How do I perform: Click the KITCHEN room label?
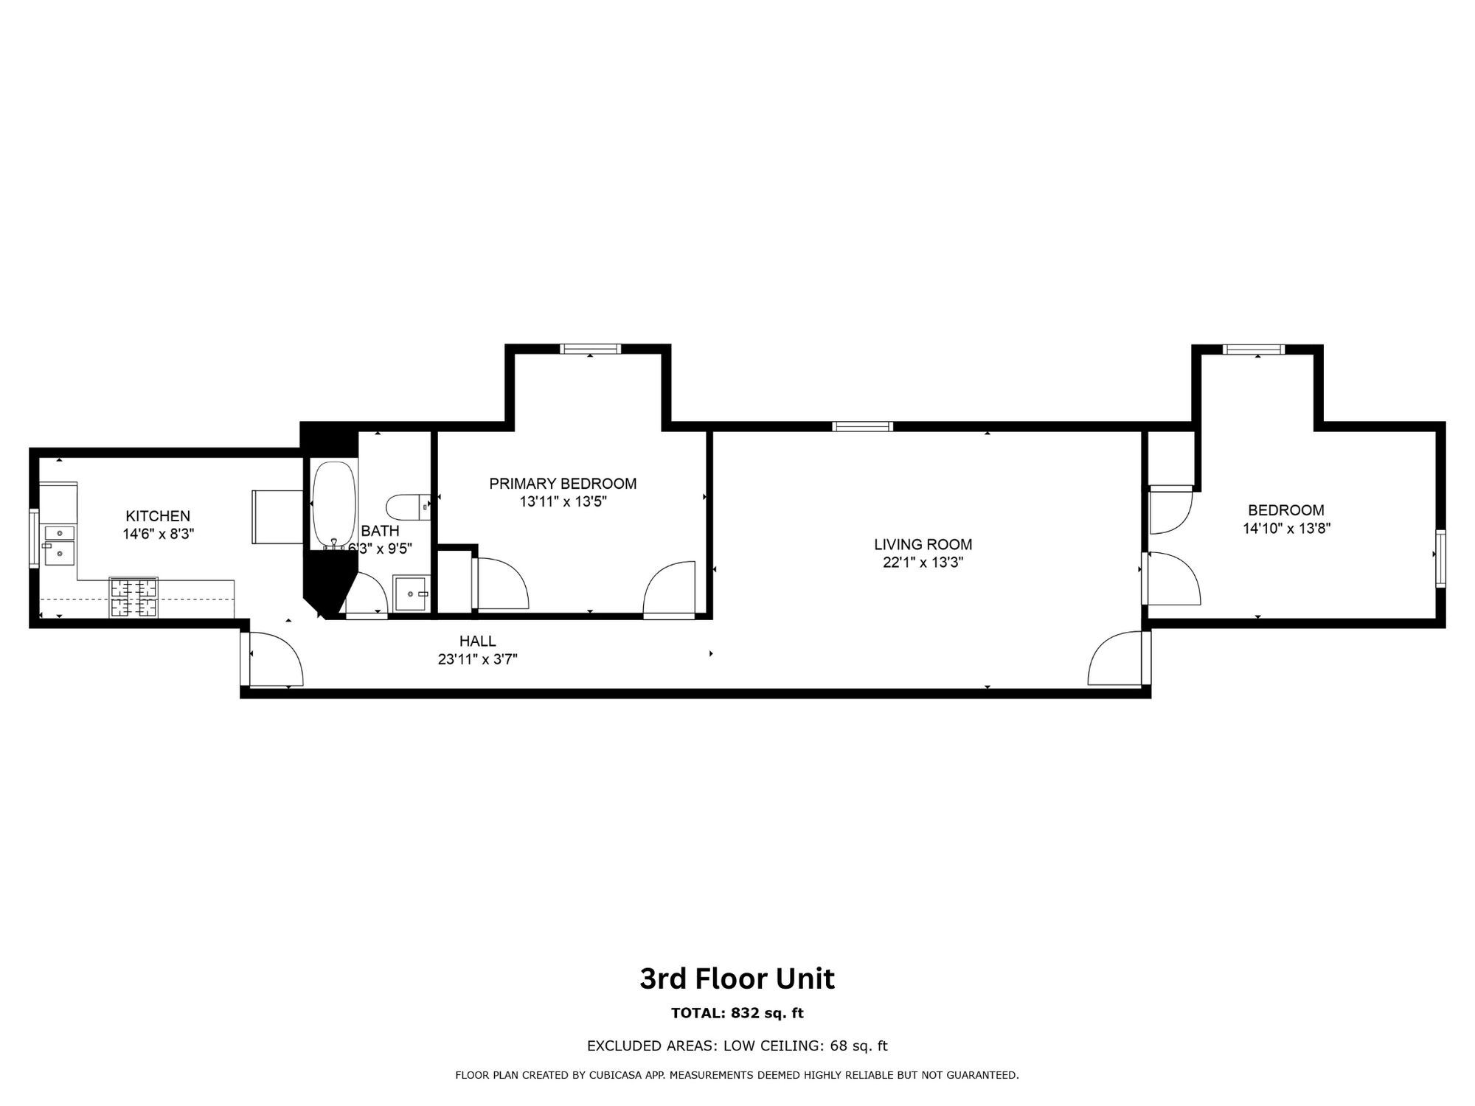(158, 516)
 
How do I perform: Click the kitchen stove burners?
(133, 597)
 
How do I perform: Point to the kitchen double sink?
(60, 544)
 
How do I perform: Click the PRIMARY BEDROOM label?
(563, 484)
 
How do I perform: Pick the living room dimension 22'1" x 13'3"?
(923, 563)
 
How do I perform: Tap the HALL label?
(478, 641)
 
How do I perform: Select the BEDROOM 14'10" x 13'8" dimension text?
(1286, 528)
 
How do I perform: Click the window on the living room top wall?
(863, 426)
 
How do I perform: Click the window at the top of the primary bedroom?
(590, 349)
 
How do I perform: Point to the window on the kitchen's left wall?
(33, 538)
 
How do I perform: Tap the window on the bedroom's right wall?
(1441, 558)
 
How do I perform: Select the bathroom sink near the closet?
(411, 594)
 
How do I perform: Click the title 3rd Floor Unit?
(737, 979)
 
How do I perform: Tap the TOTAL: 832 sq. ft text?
(737, 1013)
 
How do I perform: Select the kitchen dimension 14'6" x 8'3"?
(159, 534)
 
